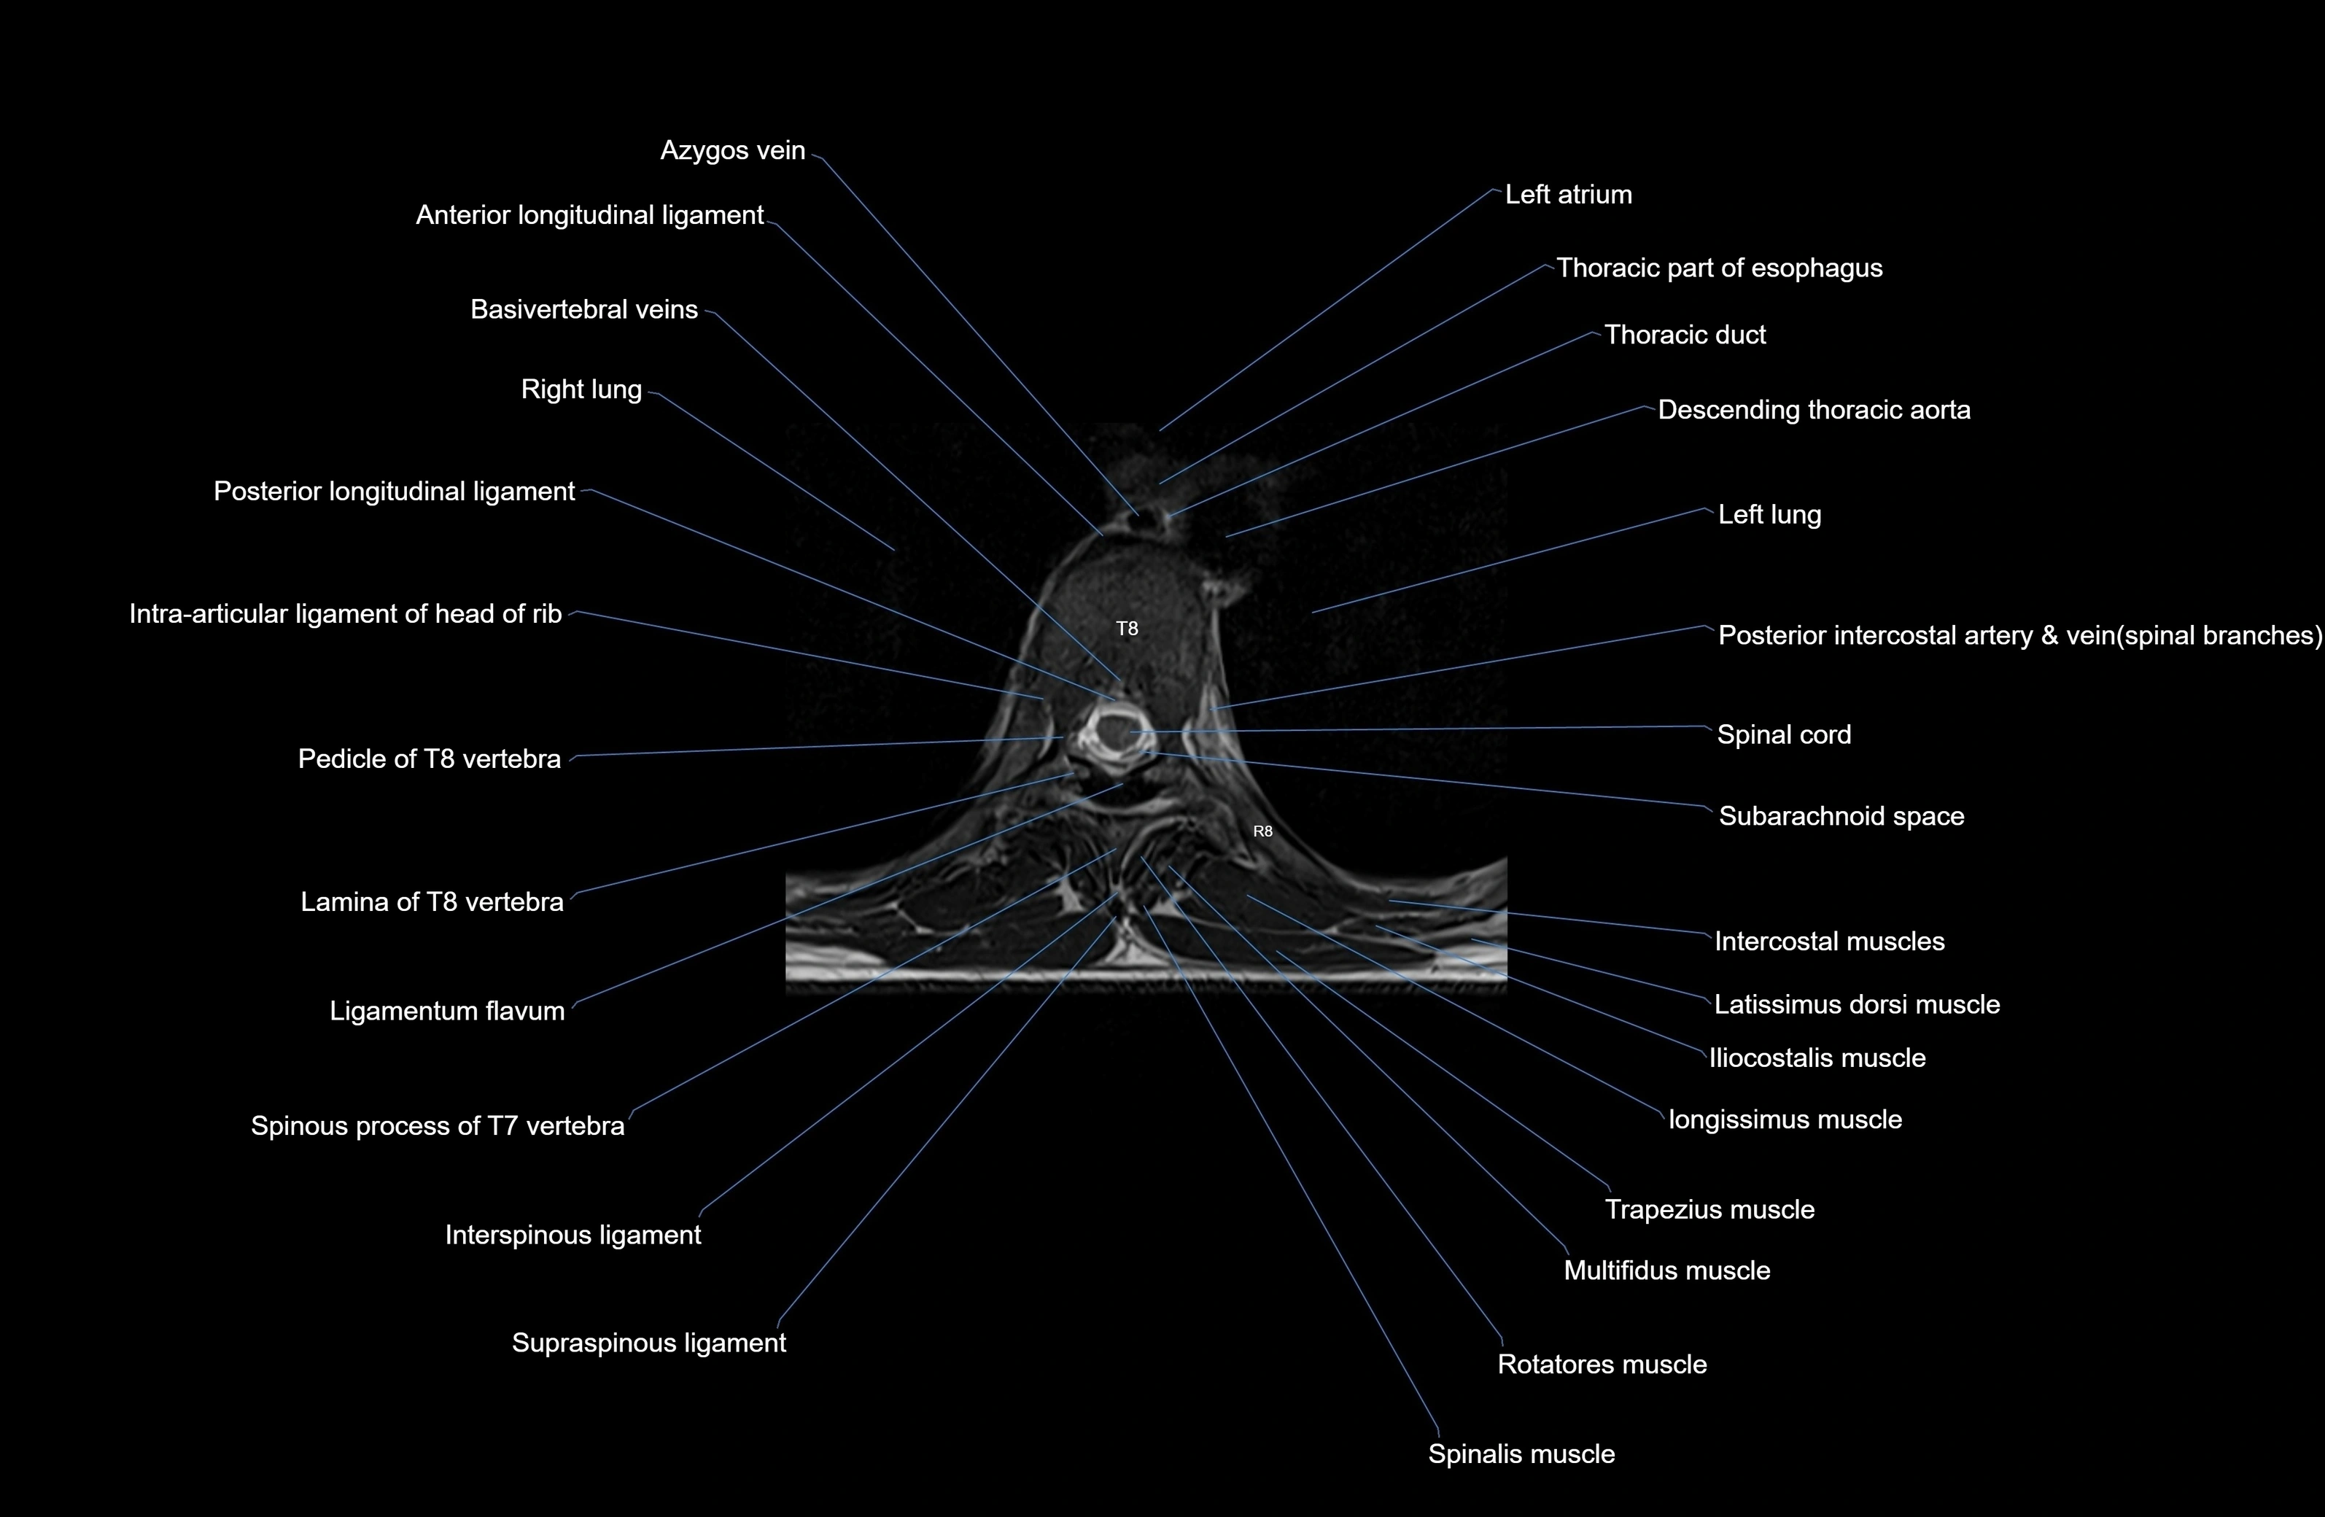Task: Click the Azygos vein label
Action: coord(733,150)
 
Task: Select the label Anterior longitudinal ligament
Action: coord(589,215)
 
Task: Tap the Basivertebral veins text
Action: coord(584,310)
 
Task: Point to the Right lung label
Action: coord(581,389)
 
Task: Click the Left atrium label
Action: coord(1568,195)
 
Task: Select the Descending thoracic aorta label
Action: coord(1813,411)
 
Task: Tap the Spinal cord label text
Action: coord(1784,734)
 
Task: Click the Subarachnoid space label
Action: coord(1841,817)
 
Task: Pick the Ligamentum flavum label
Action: coord(446,1011)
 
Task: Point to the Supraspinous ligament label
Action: coord(648,1343)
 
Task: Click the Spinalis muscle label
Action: coord(1521,1454)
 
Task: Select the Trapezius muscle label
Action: coord(1709,1210)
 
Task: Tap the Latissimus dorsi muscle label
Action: coord(1856,1005)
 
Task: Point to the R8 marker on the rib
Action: coord(1262,832)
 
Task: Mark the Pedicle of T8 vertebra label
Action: coord(429,759)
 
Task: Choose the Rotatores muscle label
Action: coord(1602,1365)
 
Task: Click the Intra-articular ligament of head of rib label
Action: coord(345,614)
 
